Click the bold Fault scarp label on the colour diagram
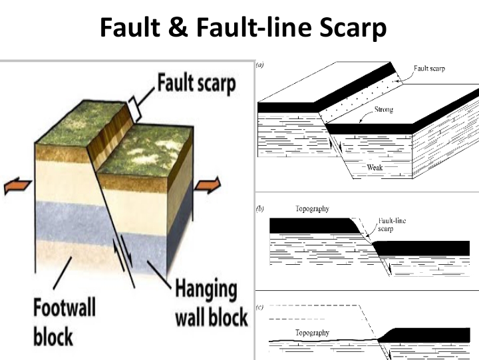click(x=197, y=85)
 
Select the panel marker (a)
click(x=259, y=66)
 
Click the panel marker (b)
click(x=260, y=208)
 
